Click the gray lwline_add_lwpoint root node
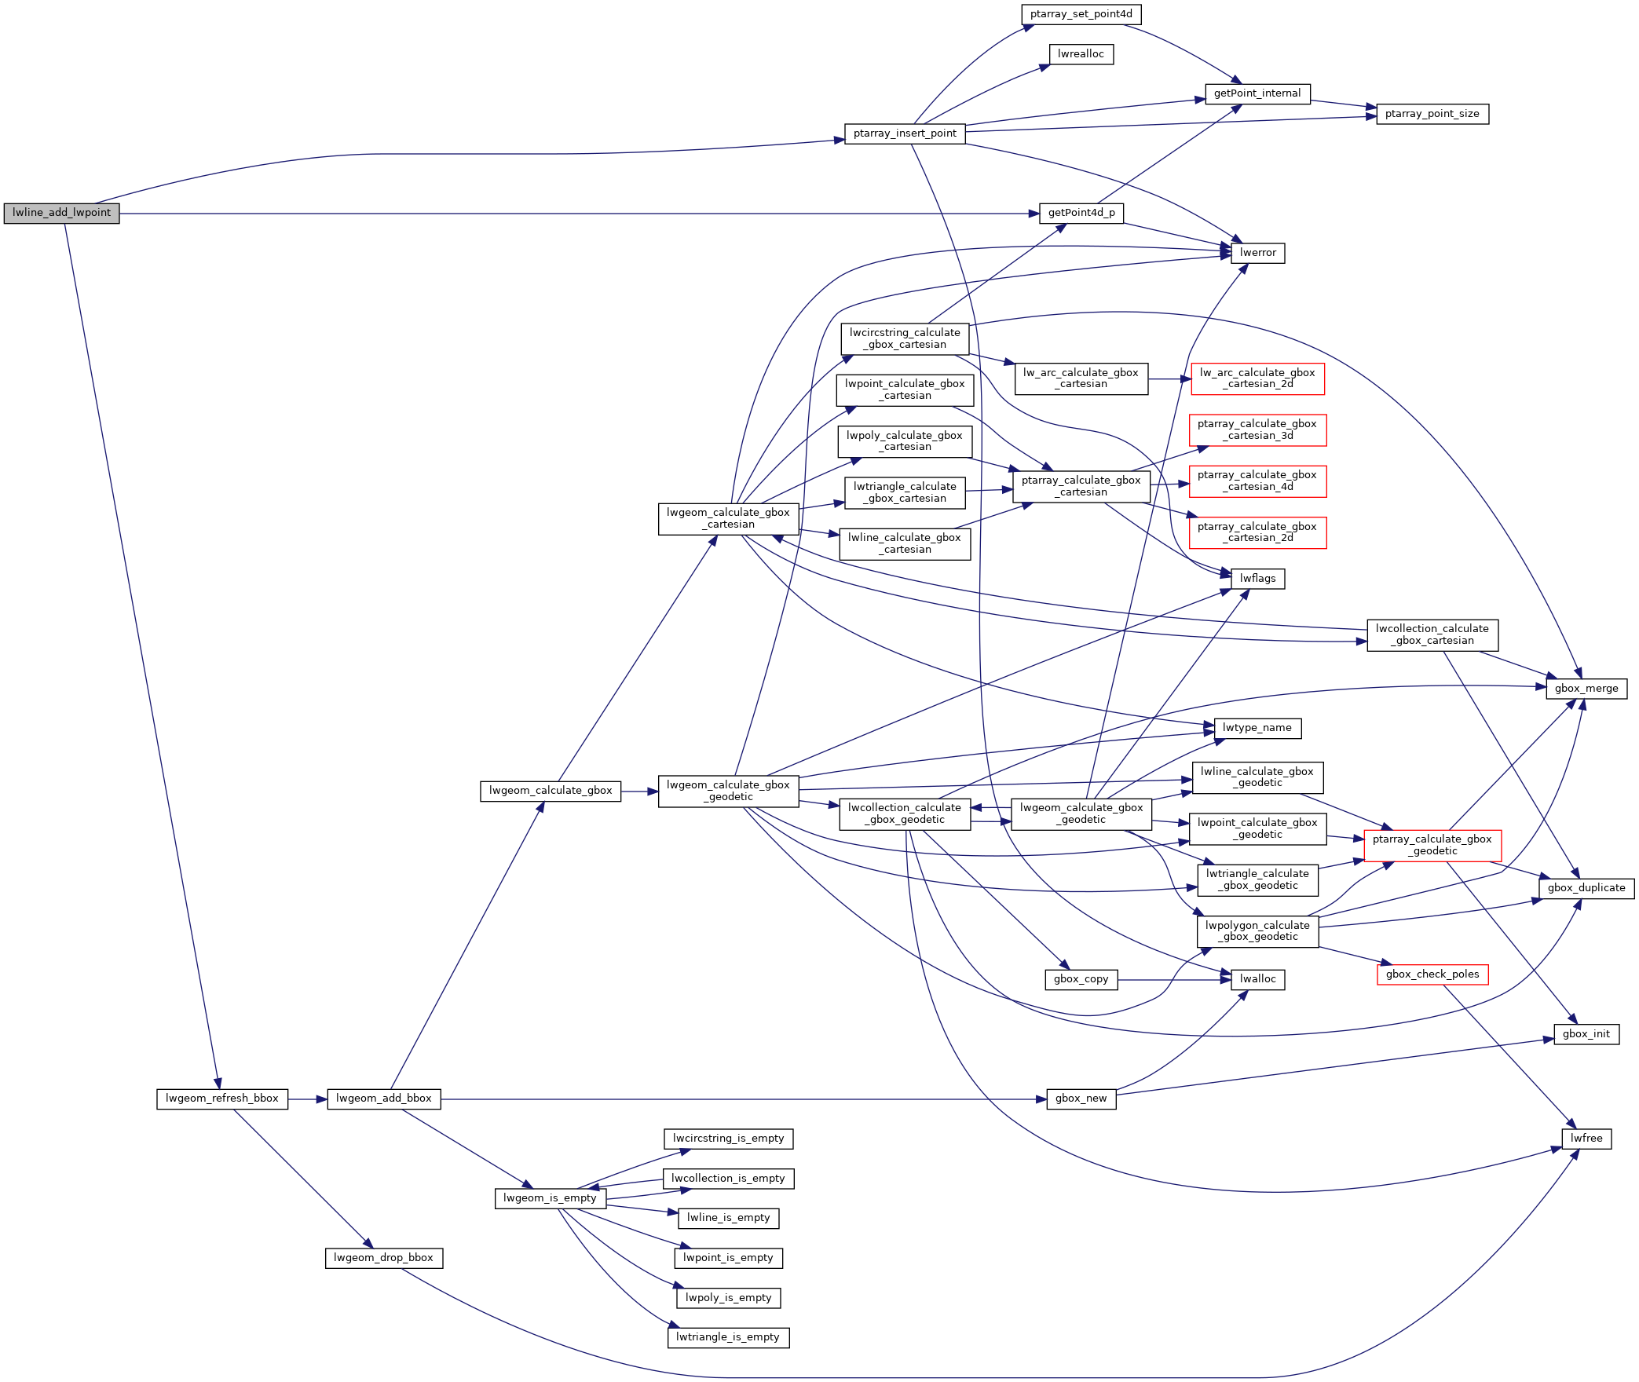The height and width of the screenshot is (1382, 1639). [61, 213]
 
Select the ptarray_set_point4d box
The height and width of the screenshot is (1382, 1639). [1081, 14]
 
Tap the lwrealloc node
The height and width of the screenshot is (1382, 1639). [1081, 54]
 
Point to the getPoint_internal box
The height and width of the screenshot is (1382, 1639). [1257, 93]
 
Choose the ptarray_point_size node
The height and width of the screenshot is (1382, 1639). [1432, 114]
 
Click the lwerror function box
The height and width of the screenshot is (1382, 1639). [1257, 253]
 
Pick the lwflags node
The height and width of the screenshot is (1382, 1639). [1257, 579]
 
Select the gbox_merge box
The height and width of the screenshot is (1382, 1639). [1586, 689]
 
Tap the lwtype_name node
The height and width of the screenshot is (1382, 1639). [1257, 728]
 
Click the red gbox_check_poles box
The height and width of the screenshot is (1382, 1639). [1432, 974]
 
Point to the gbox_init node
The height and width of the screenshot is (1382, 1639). [1586, 1034]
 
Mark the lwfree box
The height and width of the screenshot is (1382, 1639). [1586, 1139]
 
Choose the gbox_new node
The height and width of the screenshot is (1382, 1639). [1081, 1099]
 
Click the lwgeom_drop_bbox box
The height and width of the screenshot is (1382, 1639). [383, 1258]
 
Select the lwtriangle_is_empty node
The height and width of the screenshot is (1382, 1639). [728, 1337]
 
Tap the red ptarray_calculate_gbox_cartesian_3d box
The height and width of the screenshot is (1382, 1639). [1257, 430]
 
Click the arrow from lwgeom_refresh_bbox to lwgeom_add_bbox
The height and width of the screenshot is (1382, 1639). [307, 1099]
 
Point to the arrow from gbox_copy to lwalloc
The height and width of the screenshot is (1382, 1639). [1174, 980]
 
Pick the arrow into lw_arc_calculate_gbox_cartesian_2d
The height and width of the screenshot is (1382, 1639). [1170, 379]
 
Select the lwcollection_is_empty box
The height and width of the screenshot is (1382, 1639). [728, 1179]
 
